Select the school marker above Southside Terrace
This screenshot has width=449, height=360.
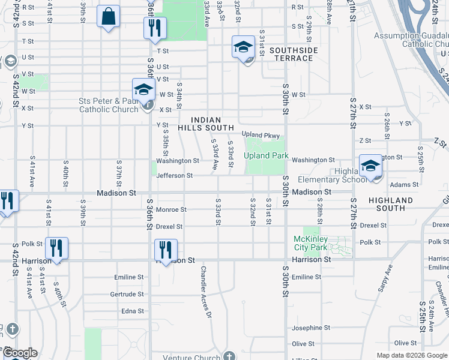click(x=243, y=47)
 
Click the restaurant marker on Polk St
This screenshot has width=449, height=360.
click(x=56, y=248)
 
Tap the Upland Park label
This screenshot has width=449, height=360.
click(x=266, y=156)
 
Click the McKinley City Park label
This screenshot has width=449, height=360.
click(x=311, y=243)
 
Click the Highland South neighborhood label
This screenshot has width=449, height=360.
click(x=391, y=204)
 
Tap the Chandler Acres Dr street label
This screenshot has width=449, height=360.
click(x=206, y=292)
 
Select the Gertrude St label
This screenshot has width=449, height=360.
click(x=127, y=294)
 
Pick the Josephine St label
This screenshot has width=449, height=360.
click(x=311, y=328)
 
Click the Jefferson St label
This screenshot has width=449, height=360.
click(x=174, y=176)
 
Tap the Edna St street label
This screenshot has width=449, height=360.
click(x=133, y=311)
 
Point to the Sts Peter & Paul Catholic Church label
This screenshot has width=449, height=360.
click(x=109, y=105)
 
